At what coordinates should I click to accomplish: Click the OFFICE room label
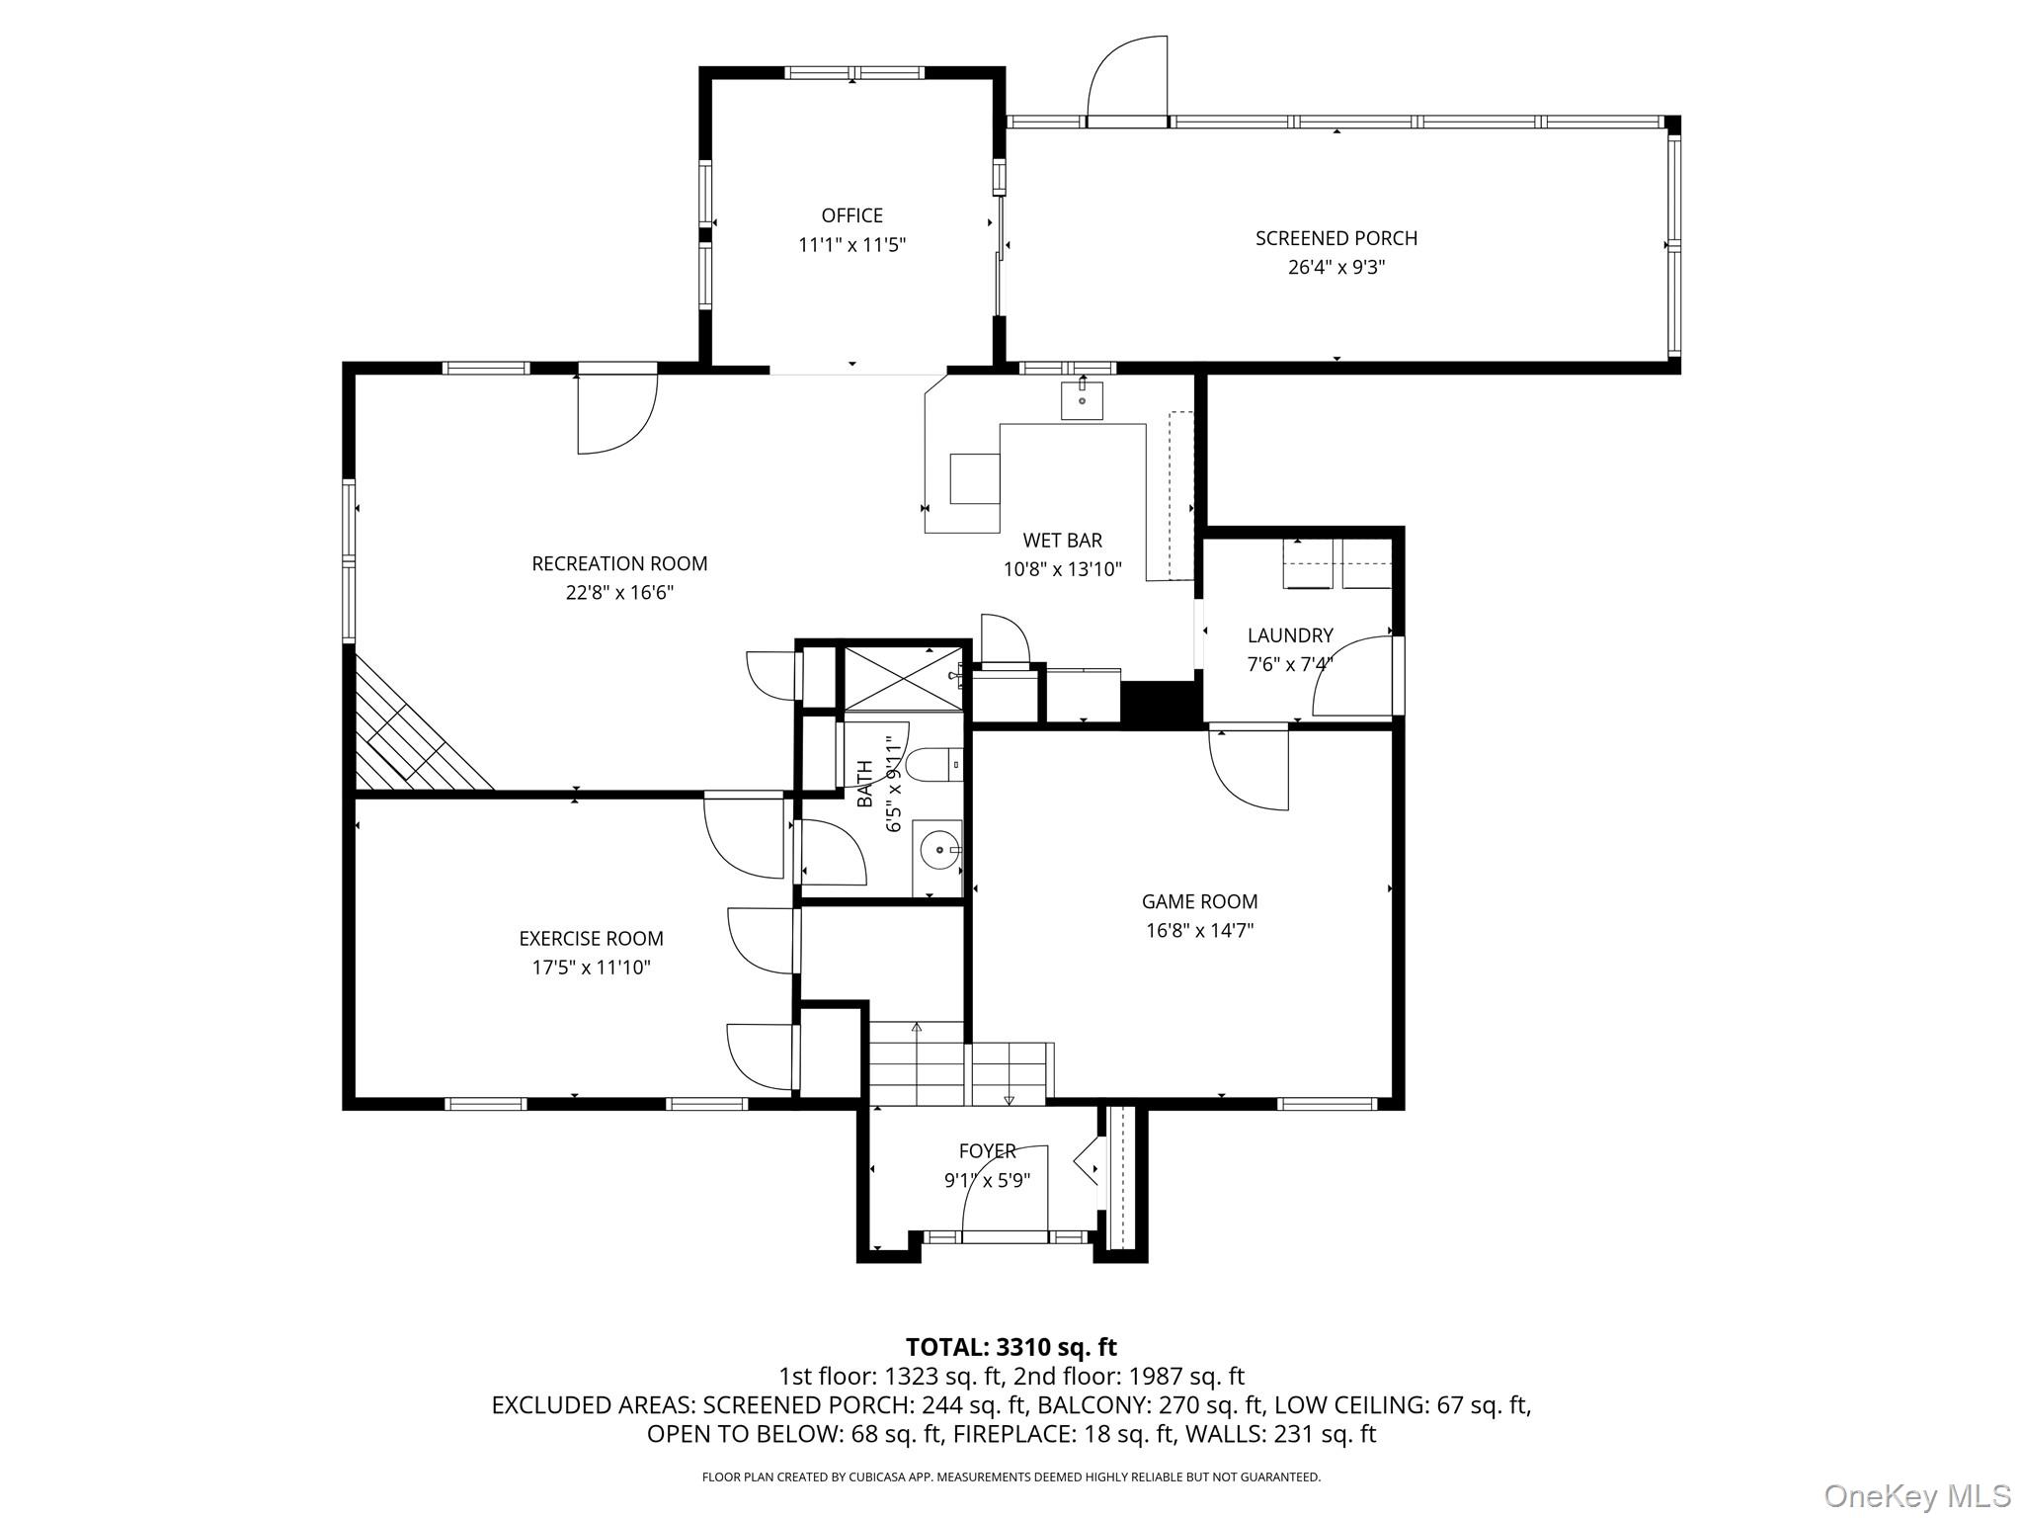851,215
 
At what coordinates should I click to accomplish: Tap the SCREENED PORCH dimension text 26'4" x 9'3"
1335,267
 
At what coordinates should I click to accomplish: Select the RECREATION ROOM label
619,563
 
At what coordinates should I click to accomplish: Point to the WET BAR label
1062,541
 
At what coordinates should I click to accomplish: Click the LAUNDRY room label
1289,635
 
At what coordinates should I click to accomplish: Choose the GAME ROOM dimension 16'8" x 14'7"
1199,930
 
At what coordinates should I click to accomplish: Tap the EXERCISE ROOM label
591,938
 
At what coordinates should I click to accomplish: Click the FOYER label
987,1150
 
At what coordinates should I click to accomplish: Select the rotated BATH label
865,783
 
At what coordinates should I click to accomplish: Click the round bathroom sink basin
938,849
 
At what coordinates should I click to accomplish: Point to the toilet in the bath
929,765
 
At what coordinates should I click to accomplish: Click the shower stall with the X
901,678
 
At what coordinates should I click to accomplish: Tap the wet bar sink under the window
1082,401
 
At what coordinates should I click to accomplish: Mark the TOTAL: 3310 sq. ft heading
1011,1347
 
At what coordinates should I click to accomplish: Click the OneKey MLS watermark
1916,1496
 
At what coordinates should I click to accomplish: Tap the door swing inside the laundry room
1353,677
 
